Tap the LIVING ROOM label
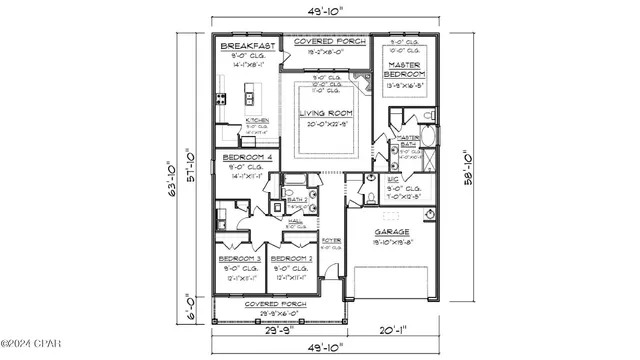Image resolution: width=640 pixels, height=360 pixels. click(325, 114)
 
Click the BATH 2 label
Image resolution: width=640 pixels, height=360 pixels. click(295, 199)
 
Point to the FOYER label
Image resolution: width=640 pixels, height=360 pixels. click(331, 241)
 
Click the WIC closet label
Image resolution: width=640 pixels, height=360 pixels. click(394, 178)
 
